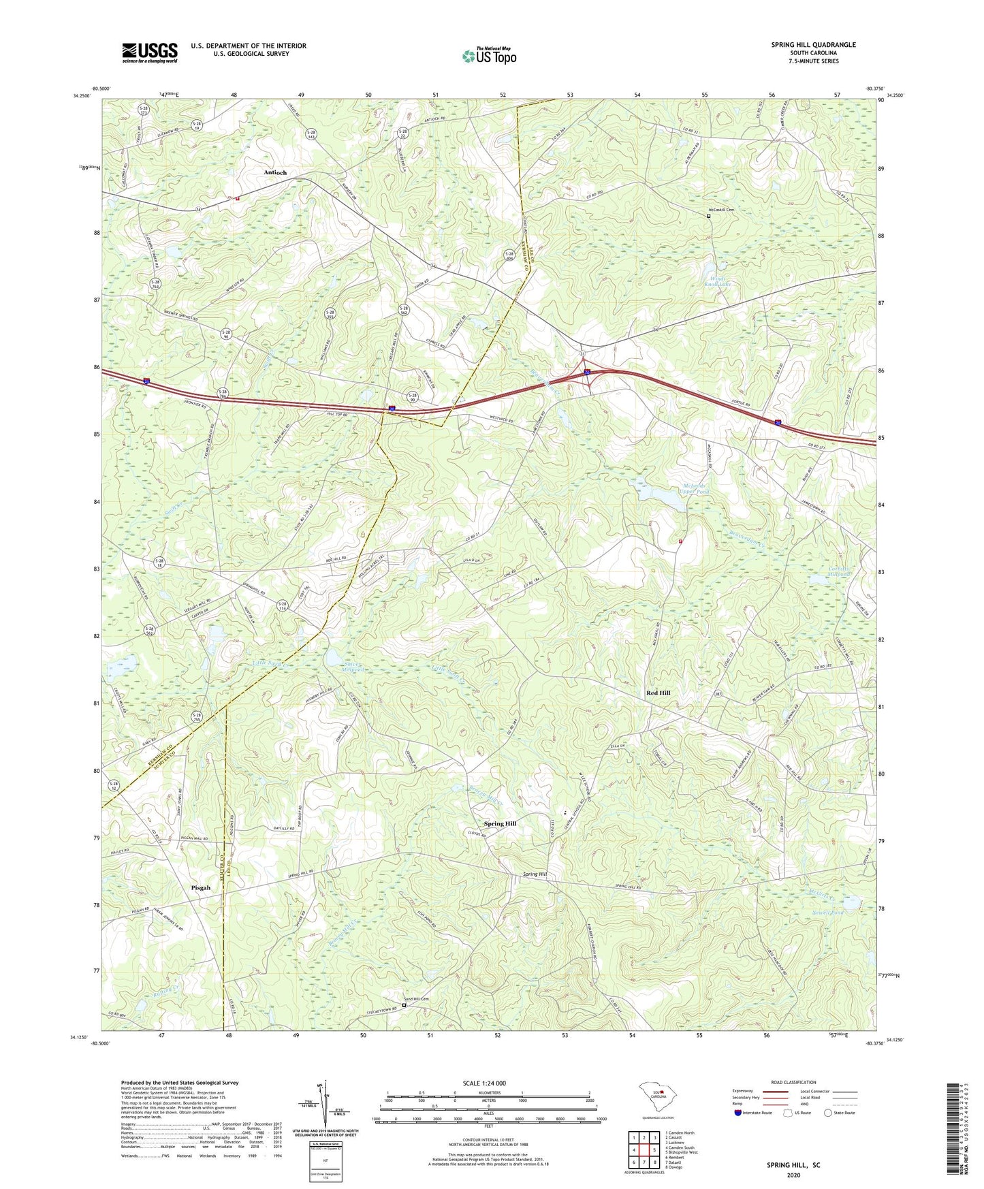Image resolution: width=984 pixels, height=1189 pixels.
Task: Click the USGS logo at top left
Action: click(x=150, y=52)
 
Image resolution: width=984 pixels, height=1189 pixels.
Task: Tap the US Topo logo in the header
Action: click(x=488, y=55)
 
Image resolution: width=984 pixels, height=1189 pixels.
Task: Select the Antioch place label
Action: click(x=275, y=173)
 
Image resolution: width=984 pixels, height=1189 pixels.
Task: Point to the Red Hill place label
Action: click(x=658, y=693)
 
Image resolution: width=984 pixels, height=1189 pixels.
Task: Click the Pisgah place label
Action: click(x=201, y=888)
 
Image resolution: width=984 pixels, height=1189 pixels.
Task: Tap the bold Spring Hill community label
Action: click(x=500, y=824)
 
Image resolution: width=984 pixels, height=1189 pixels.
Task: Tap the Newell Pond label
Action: click(x=827, y=912)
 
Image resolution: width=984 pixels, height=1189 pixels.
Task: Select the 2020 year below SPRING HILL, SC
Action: click(x=793, y=1175)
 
